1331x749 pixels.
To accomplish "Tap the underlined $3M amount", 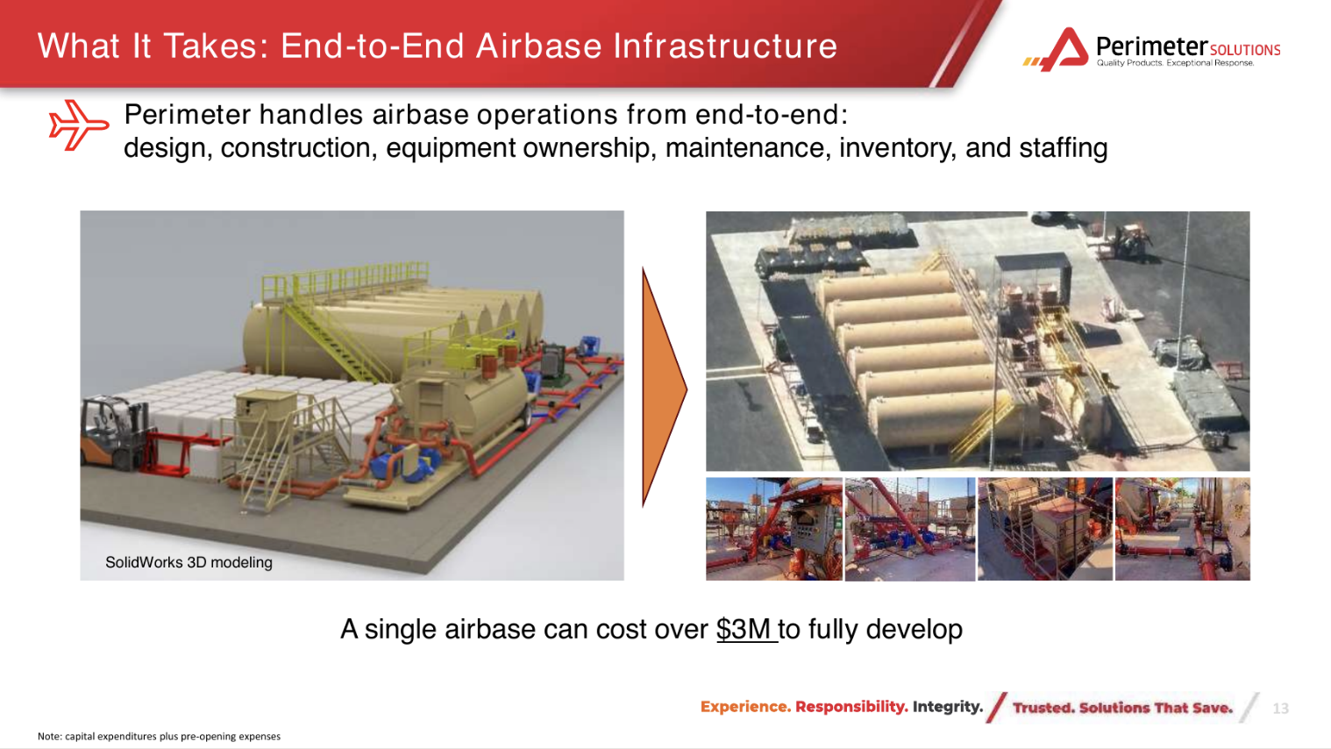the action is tap(746, 630).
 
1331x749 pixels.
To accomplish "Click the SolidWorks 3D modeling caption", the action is tap(189, 562).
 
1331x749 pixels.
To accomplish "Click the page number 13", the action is tap(1280, 708).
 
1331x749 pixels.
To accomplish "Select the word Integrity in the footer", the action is tap(948, 707).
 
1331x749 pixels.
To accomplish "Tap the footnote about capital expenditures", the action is tap(159, 736).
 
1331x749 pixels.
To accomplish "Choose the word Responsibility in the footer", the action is tap(851, 707).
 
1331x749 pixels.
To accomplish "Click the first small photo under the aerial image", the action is tap(773, 529).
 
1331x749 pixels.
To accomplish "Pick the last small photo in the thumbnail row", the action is tap(1183, 529).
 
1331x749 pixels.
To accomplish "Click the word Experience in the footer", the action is tap(745, 707).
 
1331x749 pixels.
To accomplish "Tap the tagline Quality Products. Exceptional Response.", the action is tap(1175, 63).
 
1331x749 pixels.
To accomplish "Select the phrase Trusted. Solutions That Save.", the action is tap(1122, 708).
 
